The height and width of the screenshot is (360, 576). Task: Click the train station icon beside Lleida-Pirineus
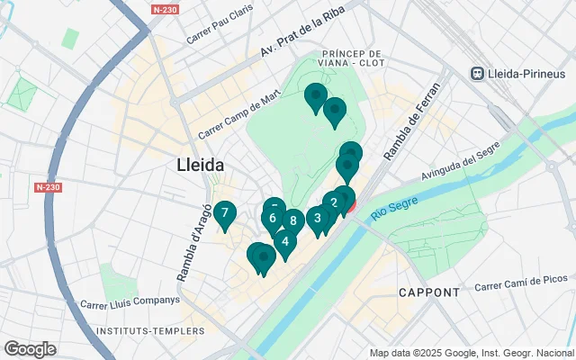pyautogui.click(x=478, y=73)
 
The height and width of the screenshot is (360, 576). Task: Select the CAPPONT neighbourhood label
pyautogui.click(x=428, y=292)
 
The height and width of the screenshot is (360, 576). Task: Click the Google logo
pyautogui.click(x=30, y=349)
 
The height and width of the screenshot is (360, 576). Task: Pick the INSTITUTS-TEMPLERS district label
pyautogui.click(x=135, y=332)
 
